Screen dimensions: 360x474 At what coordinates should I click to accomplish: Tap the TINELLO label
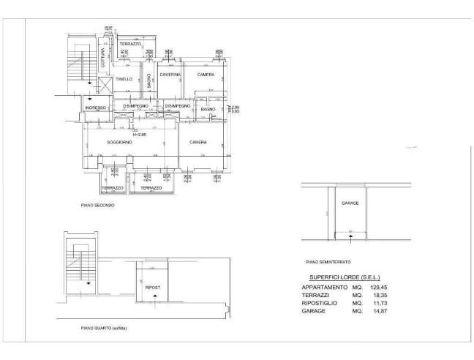click(124, 79)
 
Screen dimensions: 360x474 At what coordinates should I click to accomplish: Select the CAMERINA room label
click(170, 75)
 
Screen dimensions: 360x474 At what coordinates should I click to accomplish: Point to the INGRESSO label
click(96, 108)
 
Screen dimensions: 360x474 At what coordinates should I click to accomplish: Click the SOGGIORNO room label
click(119, 142)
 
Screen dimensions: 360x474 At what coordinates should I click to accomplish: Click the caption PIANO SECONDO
click(97, 206)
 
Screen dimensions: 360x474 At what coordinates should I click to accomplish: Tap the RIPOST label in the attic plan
click(153, 288)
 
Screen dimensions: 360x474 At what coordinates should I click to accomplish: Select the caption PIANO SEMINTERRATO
click(328, 261)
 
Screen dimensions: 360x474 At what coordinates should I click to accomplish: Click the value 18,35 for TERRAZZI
click(378, 296)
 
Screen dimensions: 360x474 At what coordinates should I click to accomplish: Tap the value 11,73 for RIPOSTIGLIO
click(378, 303)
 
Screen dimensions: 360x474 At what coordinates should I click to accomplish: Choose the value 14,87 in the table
click(378, 311)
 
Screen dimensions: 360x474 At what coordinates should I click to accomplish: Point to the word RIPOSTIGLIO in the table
click(320, 303)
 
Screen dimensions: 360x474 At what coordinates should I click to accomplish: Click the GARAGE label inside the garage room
click(350, 203)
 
